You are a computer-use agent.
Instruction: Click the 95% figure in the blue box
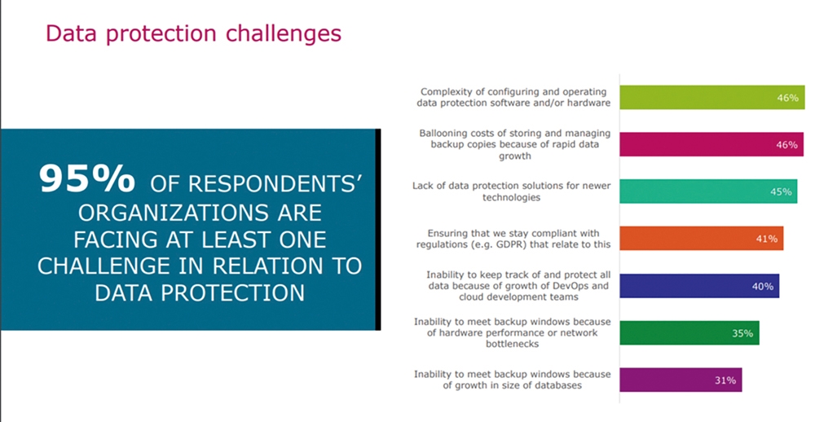[x=87, y=178]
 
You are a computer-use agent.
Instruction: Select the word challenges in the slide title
[x=284, y=33]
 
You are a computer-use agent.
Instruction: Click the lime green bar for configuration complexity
[x=711, y=97]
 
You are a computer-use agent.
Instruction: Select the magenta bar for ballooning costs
[x=711, y=144]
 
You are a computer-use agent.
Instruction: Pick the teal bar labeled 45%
[x=708, y=191]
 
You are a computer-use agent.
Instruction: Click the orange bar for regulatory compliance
[x=701, y=239]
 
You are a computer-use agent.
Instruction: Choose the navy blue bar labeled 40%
[x=699, y=286]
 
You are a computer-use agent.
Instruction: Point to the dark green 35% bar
[x=689, y=333]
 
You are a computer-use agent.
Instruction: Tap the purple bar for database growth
[x=681, y=380]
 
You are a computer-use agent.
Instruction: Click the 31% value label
[x=725, y=380]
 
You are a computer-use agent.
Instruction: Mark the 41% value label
[x=767, y=239]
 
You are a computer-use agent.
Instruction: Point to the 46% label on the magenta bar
[x=786, y=145]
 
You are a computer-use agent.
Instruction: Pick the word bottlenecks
[x=512, y=344]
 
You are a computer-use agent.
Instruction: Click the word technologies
[x=512, y=197]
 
